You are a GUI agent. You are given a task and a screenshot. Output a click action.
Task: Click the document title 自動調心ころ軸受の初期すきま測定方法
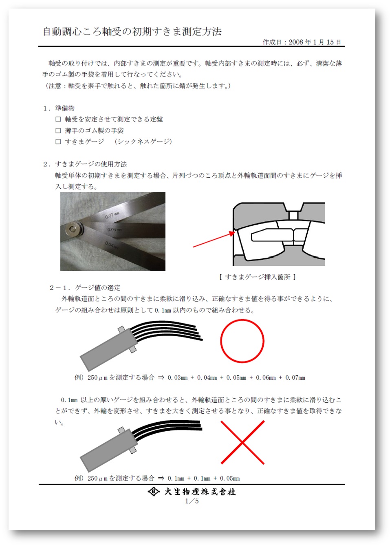[x=132, y=32]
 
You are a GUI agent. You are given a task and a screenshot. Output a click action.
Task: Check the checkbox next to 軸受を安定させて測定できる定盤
[x=58, y=119]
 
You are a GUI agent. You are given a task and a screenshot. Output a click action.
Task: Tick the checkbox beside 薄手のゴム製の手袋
[x=58, y=131]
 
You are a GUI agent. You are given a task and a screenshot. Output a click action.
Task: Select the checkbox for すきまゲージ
[x=58, y=142]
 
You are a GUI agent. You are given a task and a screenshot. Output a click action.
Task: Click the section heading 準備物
[x=65, y=108]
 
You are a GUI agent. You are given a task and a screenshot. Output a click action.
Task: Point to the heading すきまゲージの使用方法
[x=91, y=164]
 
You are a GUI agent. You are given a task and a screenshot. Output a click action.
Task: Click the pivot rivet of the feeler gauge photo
[x=73, y=229]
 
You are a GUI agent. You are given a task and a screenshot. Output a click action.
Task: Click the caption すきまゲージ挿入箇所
[x=258, y=277]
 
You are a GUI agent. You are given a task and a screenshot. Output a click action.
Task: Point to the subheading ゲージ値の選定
[x=97, y=288]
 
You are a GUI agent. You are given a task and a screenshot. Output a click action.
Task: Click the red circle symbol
[x=242, y=341]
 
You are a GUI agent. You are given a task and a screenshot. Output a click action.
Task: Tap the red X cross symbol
[x=242, y=442]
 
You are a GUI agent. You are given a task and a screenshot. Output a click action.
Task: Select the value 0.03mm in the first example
[x=177, y=378]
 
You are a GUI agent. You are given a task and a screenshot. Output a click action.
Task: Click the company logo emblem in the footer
[x=153, y=492]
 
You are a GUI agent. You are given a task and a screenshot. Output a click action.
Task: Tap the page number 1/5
[x=192, y=501]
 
